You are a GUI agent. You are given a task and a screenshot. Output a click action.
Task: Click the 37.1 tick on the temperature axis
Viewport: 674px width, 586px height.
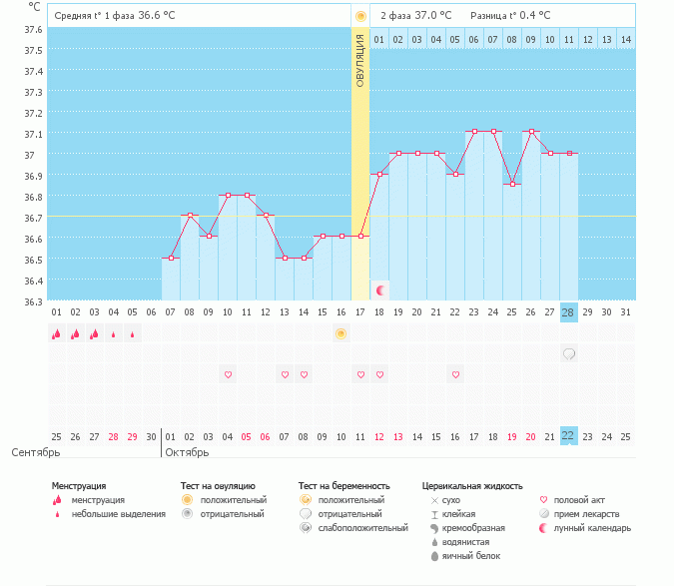(x=33, y=134)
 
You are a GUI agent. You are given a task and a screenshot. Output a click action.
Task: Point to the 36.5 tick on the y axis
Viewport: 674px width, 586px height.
(x=33, y=260)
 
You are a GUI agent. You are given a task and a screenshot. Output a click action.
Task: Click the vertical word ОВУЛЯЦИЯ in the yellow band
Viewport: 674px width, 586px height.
(x=360, y=59)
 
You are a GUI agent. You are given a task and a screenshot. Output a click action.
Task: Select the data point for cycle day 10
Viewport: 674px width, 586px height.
(x=228, y=196)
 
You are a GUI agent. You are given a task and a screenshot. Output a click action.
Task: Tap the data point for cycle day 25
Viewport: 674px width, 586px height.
(x=511, y=185)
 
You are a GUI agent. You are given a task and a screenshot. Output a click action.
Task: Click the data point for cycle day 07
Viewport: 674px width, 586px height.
(x=171, y=259)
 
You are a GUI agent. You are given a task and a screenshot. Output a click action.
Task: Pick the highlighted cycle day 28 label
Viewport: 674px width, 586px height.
(x=568, y=312)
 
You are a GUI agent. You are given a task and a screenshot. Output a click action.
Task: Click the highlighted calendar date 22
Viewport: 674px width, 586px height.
(x=568, y=436)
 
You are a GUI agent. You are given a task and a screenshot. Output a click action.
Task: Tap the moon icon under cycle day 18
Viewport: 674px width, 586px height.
(x=380, y=290)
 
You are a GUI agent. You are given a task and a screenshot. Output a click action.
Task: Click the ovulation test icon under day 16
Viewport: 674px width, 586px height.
(x=341, y=333)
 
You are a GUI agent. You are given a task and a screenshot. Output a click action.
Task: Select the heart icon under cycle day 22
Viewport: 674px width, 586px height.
(x=455, y=374)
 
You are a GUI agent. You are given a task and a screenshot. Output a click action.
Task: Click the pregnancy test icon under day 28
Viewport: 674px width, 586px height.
(x=568, y=353)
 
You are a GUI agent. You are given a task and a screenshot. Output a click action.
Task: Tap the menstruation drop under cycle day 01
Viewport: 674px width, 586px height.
(x=57, y=333)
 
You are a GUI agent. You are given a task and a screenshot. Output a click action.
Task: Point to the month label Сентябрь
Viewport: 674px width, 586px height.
(x=36, y=452)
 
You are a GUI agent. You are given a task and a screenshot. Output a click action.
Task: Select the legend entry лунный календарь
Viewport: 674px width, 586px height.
(x=589, y=527)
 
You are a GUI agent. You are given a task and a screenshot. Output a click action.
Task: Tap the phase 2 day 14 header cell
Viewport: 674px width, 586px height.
(x=625, y=39)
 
